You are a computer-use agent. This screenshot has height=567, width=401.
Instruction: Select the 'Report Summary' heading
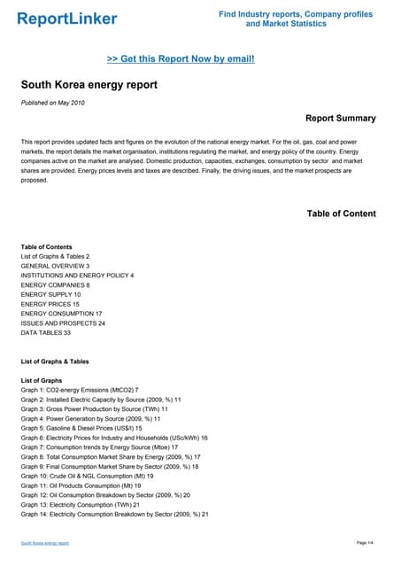click(x=340, y=118)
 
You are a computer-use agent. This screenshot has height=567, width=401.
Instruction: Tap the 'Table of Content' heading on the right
click(x=341, y=214)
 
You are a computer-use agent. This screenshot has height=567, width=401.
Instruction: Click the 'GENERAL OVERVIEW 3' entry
click(x=55, y=266)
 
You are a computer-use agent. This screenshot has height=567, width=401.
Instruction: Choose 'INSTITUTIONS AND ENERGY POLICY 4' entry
click(x=77, y=276)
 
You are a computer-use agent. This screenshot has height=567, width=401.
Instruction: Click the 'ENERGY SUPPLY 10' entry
click(x=50, y=295)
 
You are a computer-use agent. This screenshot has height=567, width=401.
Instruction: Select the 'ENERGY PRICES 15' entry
click(x=50, y=305)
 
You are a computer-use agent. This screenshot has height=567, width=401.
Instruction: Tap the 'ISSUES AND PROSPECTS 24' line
click(x=63, y=323)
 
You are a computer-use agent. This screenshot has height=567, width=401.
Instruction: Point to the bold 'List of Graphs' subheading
click(x=47, y=380)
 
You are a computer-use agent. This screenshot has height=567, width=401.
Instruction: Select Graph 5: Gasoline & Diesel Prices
click(x=81, y=428)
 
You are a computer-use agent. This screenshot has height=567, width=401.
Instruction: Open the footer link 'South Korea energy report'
click(x=45, y=542)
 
